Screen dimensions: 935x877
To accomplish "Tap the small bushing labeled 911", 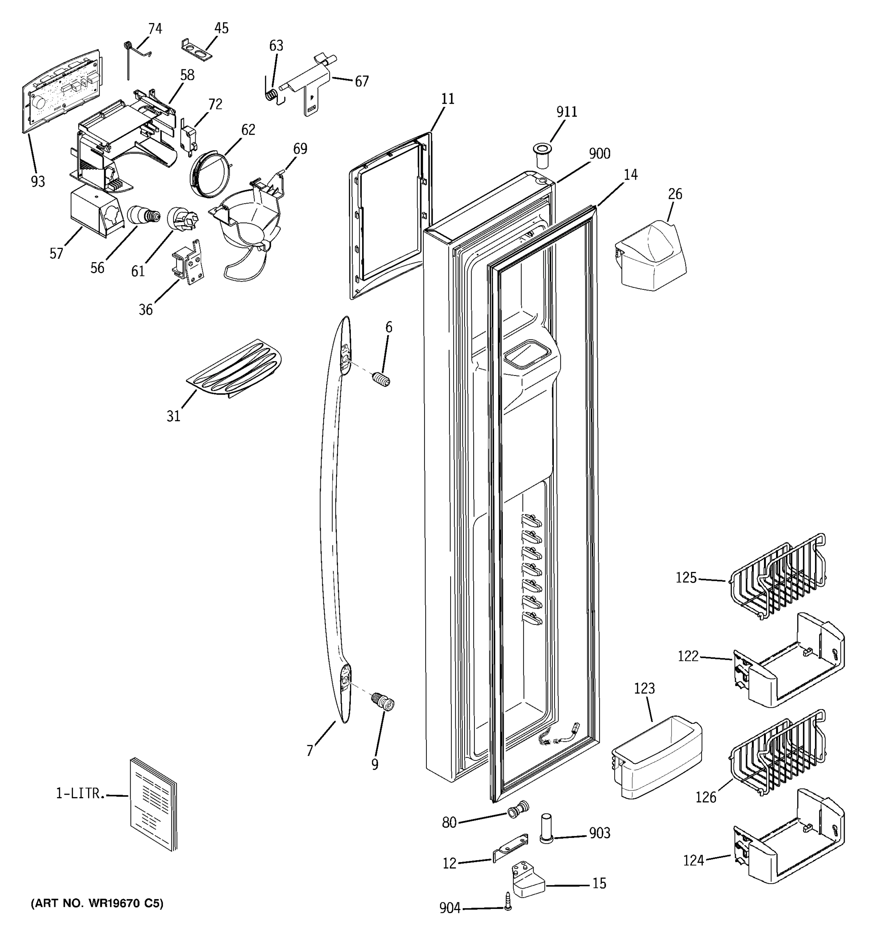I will click(x=542, y=156).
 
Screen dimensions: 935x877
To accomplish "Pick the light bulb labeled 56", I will click(x=143, y=215).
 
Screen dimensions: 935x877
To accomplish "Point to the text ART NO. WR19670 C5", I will click(x=97, y=903).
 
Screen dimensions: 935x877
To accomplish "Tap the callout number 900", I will click(x=599, y=154).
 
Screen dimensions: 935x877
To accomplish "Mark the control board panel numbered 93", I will click(x=62, y=90).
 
